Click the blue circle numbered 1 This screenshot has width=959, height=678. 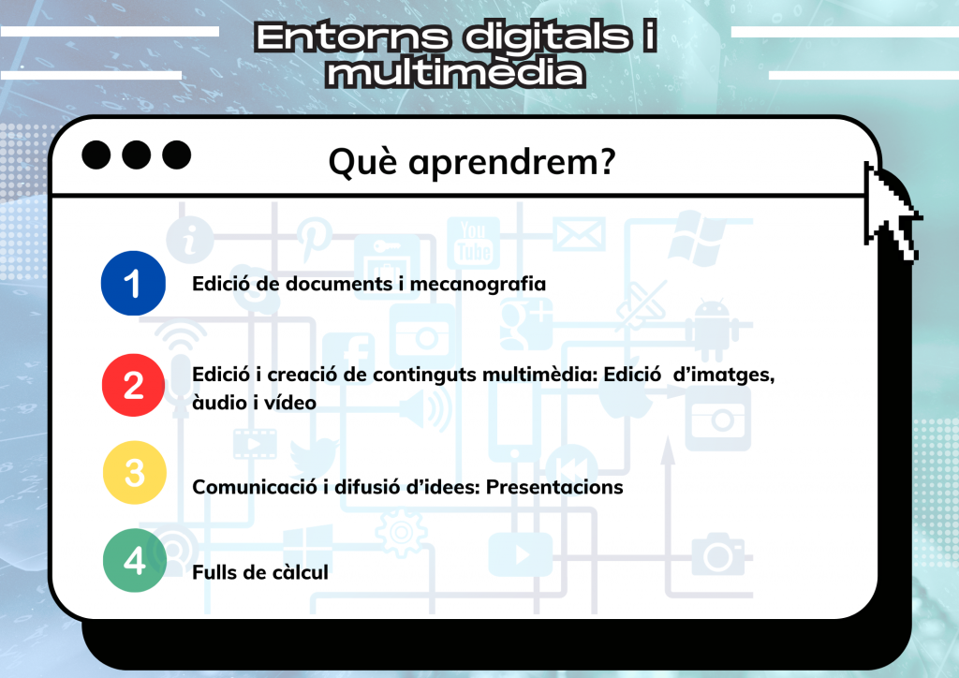coord(133,283)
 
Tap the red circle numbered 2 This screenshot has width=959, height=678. coord(133,385)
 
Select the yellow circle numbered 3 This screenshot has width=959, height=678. coord(135,473)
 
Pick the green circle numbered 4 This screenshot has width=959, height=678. coord(135,560)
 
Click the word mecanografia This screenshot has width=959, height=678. coord(478,285)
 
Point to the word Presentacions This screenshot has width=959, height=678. coord(554,487)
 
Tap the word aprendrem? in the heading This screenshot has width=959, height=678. coord(512,163)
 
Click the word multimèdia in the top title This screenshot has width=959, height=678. coord(456,72)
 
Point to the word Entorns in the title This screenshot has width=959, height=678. coord(352,37)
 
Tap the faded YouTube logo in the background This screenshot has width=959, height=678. coord(474,243)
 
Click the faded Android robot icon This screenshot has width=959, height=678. coord(713,330)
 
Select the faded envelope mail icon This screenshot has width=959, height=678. coord(579,233)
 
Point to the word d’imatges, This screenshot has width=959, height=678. coord(724,376)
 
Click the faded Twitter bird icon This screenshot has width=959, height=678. coord(315,456)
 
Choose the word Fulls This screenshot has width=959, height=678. coord(214,572)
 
